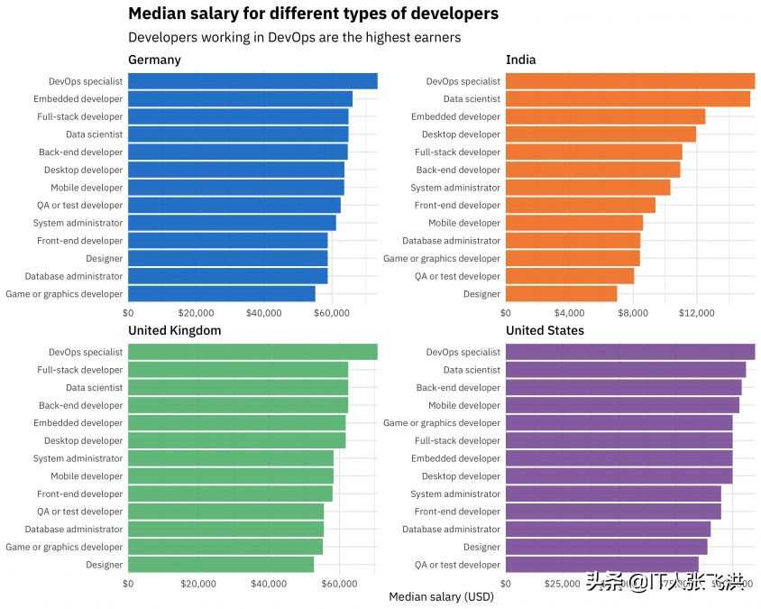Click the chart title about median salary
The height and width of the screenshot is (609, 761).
pyautogui.click(x=313, y=14)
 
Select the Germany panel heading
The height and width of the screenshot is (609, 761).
pyautogui.click(x=154, y=60)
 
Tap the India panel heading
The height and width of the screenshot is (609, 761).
pyautogui.click(x=520, y=60)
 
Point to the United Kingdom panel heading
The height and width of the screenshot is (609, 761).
pyautogui.click(x=174, y=330)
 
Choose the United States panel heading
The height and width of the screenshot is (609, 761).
pyautogui.click(x=545, y=330)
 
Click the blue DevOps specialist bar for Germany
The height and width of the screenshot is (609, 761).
pyautogui.click(x=252, y=81)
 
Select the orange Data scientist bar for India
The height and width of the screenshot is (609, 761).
pyautogui.click(x=628, y=99)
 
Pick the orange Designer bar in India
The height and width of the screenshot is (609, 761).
pyautogui.click(x=561, y=294)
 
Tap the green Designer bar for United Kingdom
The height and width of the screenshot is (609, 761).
pyautogui.click(x=221, y=565)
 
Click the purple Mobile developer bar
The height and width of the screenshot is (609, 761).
pyautogui.click(x=622, y=405)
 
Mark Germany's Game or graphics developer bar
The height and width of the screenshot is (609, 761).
pyautogui.click(x=222, y=294)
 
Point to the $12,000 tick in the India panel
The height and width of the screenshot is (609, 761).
pyautogui.click(x=696, y=313)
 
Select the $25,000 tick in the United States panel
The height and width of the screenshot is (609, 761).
pyautogui.click(x=563, y=584)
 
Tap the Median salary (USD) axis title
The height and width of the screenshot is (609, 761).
pyautogui.click(x=441, y=597)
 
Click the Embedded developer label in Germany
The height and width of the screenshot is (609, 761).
pyautogui.click(x=78, y=99)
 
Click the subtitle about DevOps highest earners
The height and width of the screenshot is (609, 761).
pyautogui.click(x=294, y=38)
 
